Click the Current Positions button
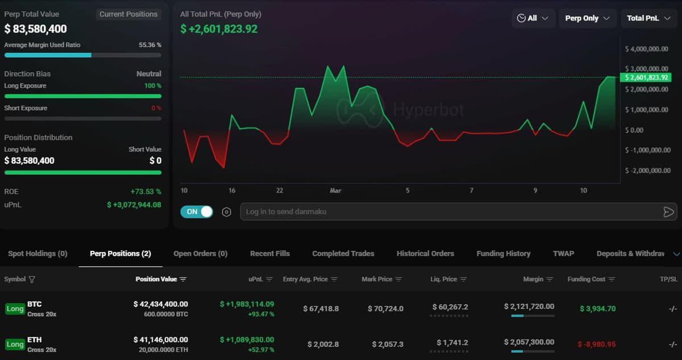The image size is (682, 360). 128,14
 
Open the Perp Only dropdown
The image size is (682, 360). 587,18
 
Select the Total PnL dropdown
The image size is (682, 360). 648,18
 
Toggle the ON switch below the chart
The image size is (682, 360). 196,212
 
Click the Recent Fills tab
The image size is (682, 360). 270,254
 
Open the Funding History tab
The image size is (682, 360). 503,254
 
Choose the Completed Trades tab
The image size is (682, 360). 343,254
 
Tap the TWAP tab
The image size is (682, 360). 563,254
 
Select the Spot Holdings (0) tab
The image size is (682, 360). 38,254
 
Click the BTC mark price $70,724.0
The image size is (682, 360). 388,309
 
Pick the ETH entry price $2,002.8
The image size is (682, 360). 323,345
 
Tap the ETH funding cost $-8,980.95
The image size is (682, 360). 596,345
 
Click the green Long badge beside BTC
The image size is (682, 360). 15,309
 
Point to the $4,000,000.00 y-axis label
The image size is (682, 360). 646,49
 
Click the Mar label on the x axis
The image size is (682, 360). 335,191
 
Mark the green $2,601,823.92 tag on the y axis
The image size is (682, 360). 646,77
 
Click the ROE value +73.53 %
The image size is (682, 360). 145,192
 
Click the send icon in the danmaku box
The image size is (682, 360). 668,212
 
